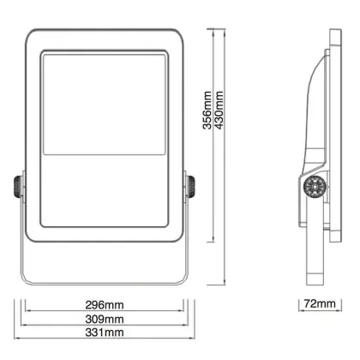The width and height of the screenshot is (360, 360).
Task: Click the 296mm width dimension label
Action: (x=105, y=305)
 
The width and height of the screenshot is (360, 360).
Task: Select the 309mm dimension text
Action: (x=105, y=319)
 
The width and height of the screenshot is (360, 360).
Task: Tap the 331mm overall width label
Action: (x=105, y=333)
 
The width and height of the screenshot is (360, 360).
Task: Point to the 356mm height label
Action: (x=207, y=111)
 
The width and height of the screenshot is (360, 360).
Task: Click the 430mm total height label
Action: (x=219, y=111)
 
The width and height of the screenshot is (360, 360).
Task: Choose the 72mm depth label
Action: (x=320, y=303)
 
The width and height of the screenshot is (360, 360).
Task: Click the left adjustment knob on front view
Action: (x=18, y=187)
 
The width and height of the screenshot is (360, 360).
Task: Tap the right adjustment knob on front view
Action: (x=191, y=187)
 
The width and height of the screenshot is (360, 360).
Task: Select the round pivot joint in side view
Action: (x=315, y=186)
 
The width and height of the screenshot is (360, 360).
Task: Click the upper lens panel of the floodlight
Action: (x=105, y=105)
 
